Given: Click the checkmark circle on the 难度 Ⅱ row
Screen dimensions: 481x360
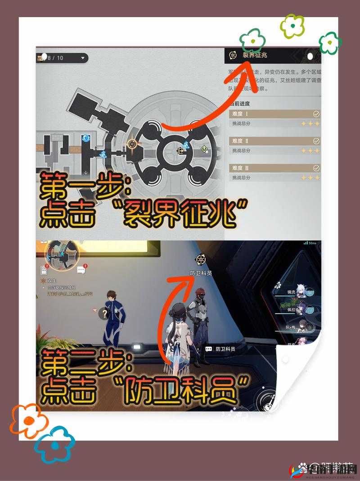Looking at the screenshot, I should pos(316,141).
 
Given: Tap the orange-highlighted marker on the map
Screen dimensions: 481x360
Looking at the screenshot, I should pos(132,144).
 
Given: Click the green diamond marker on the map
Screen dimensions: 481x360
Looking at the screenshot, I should pos(205,148).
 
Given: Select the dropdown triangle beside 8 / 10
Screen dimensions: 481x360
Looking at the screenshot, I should pos(83,58).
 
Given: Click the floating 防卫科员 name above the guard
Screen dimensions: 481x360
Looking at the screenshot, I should pos(201,273).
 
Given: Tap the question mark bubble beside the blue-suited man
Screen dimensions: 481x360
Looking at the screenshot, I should pos(104,313).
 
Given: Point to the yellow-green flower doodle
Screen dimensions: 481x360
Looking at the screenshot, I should pos(292,26).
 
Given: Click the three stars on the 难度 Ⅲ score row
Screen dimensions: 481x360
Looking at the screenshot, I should pos(310,177).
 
